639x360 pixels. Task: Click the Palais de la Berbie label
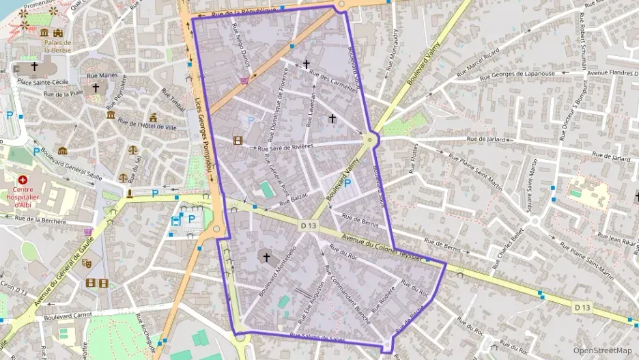tap(58, 46)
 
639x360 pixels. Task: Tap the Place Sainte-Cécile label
tap(43, 82)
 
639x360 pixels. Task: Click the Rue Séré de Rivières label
tap(285, 146)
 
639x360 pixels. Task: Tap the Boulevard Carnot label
tap(68, 317)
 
